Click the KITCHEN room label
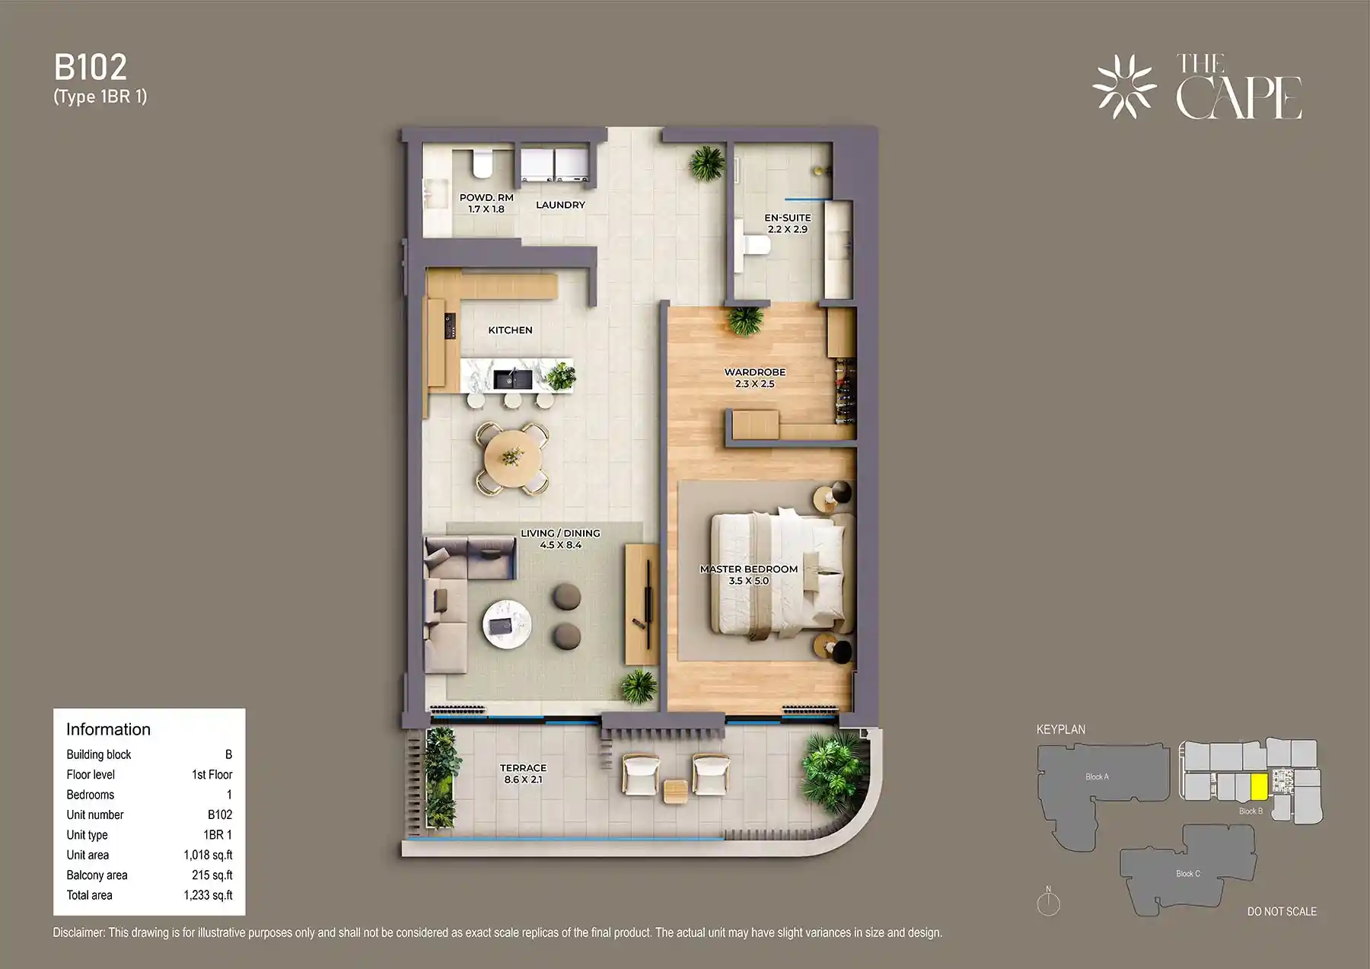(x=510, y=330)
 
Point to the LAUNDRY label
(x=560, y=205)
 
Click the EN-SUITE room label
(x=788, y=218)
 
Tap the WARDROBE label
(x=754, y=372)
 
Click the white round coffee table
(x=508, y=625)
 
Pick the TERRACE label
(x=523, y=768)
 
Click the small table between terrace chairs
(x=675, y=792)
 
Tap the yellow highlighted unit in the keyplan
(x=1259, y=786)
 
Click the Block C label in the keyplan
(x=1187, y=873)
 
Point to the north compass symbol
(x=1048, y=903)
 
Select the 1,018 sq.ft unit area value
(x=208, y=855)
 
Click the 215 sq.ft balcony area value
(x=212, y=875)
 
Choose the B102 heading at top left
(x=91, y=68)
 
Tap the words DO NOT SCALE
(x=1282, y=911)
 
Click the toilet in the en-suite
(x=756, y=245)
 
